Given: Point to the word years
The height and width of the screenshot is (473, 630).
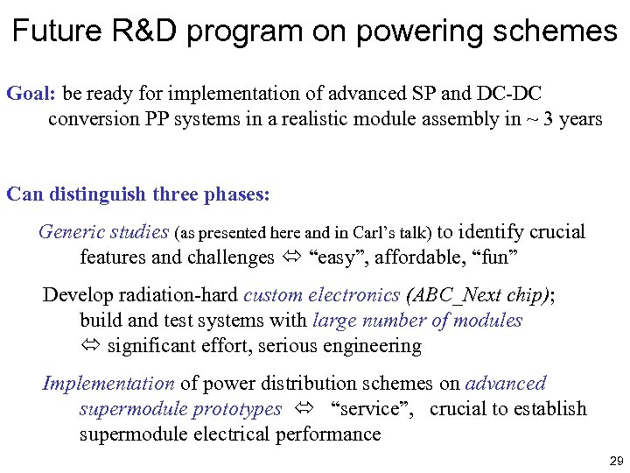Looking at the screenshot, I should pyautogui.click(x=580, y=119).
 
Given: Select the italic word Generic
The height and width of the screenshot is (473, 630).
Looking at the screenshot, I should pyautogui.click(x=72, y=232).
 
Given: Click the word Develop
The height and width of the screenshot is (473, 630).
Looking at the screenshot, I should pyautogui.click(x=76, y=294).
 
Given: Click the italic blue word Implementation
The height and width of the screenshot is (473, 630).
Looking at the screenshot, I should pyautogui.click(x=108, y=384).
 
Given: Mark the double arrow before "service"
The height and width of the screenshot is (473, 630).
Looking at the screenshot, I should pyautogui.click(x=304, y=410).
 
